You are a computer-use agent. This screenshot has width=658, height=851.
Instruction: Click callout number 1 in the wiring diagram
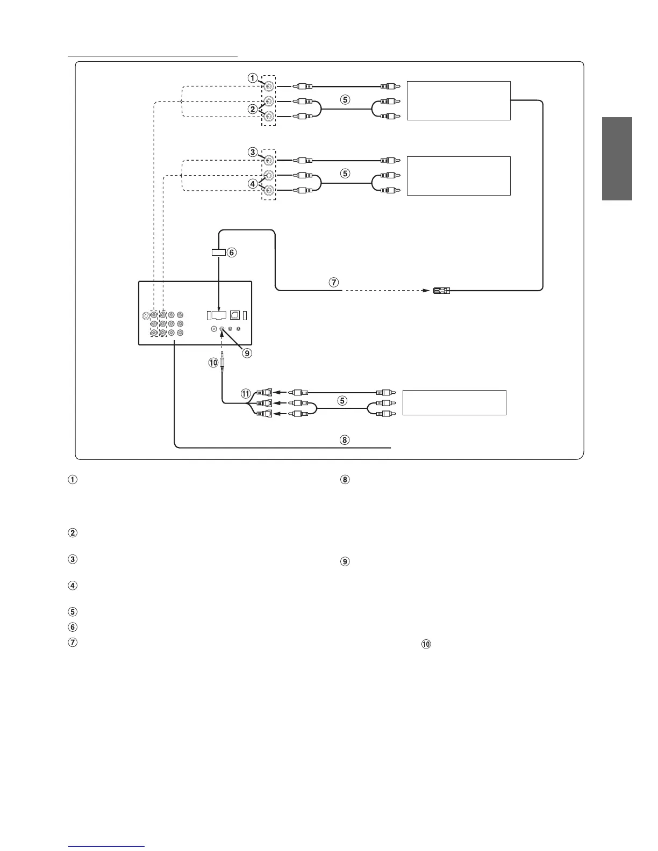252,77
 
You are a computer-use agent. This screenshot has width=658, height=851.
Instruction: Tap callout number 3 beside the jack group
252,152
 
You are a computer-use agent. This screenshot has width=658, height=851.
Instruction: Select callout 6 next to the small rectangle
232,252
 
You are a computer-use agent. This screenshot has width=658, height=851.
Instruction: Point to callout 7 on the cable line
333,282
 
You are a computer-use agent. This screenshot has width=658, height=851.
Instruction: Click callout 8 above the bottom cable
345,440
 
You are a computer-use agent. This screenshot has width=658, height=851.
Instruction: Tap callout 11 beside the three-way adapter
246,394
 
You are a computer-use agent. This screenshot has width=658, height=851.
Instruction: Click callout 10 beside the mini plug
213,363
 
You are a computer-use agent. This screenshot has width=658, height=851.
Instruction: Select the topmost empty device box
458,100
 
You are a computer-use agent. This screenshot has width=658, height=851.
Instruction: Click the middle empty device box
458,176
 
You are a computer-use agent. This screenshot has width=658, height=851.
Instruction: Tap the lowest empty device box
454,402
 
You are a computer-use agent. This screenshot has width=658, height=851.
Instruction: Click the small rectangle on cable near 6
218,252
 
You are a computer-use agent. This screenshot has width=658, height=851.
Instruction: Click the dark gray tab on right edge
617,158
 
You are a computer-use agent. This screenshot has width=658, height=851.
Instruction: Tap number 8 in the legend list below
345,480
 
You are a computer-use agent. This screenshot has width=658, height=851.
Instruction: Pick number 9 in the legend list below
345,562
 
